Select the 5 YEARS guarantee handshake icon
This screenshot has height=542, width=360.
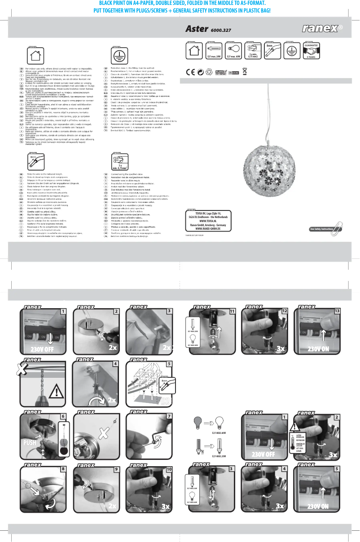click(311, 51)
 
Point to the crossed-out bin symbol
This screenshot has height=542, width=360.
click(245, 71)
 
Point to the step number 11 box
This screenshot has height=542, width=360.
click(232, 310)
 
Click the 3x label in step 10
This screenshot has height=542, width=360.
click(166, 506)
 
